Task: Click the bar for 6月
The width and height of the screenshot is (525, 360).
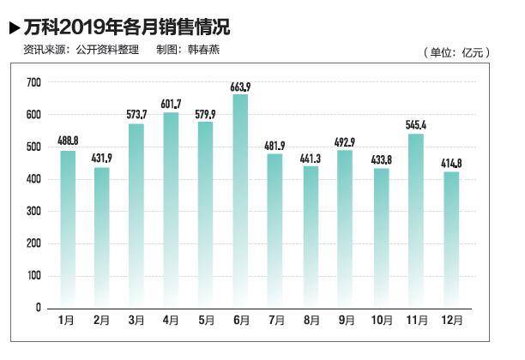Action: [241, 201]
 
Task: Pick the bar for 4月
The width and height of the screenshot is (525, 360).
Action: [171, 210]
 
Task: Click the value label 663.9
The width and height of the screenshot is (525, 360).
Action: [241, 87]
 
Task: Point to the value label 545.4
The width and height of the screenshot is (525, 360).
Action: [416, 125]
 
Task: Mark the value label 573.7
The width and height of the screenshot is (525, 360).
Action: [136, 115]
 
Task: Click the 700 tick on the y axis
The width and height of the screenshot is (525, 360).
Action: [33, 82]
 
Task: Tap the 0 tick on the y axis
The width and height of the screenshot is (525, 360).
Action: [38, 308]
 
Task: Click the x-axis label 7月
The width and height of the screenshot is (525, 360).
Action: [276, 321]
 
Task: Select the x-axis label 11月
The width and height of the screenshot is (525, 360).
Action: [416, 321]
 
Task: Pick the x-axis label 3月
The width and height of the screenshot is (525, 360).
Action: [136, 321]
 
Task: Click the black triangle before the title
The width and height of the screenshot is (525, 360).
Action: [14, 27]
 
